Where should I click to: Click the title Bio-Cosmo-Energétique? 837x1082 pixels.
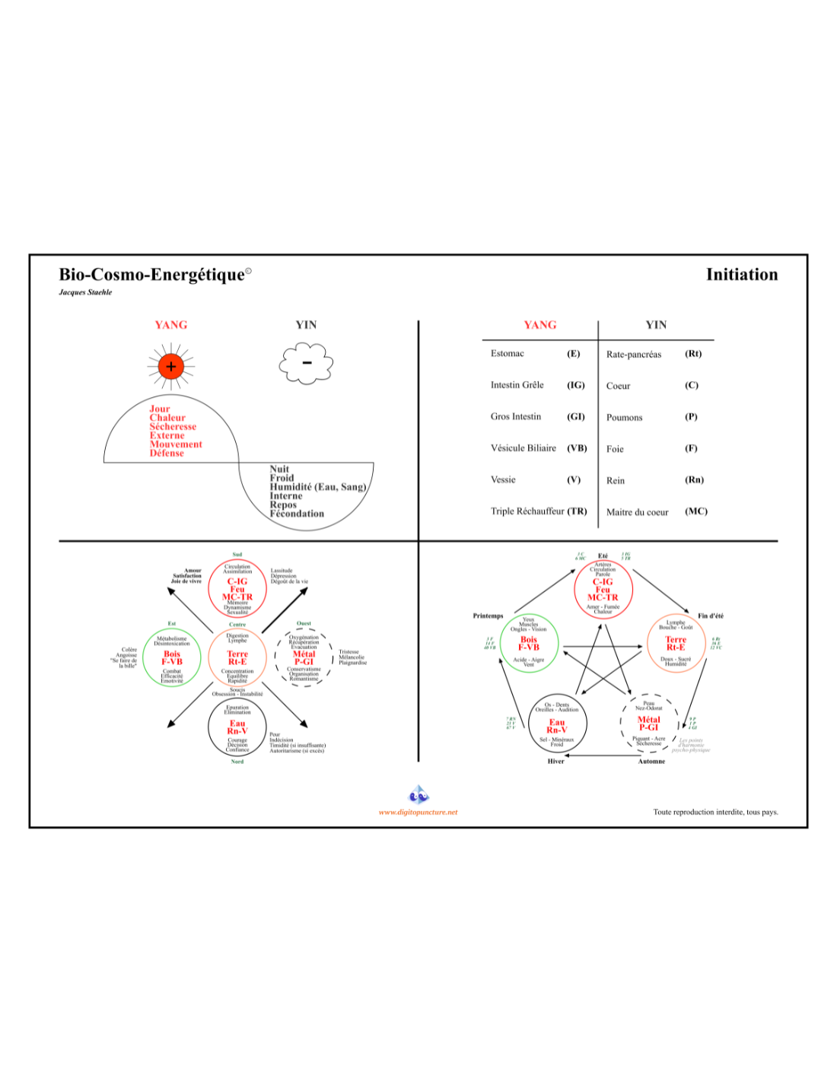152,275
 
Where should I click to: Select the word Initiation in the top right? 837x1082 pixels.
741,275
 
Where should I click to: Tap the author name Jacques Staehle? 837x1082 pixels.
85,292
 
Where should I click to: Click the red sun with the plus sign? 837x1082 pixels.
170,366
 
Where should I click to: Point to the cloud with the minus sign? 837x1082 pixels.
306,363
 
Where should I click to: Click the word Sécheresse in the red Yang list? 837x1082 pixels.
173,427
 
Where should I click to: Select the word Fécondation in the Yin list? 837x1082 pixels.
297,514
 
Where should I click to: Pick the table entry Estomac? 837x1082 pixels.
507,353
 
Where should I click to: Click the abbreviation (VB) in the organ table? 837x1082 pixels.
577,448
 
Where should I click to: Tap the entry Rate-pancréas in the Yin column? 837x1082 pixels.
633,354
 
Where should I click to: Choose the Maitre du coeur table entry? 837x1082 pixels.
637,512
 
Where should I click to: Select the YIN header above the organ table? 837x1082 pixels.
656,325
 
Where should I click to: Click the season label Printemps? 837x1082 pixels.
488,616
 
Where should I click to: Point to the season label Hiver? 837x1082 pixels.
555,761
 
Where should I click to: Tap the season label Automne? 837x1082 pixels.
651,761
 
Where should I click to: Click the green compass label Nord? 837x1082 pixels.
237,762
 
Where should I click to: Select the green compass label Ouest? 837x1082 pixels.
304,623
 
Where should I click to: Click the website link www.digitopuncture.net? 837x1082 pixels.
418,812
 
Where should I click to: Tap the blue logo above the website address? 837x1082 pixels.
418,795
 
